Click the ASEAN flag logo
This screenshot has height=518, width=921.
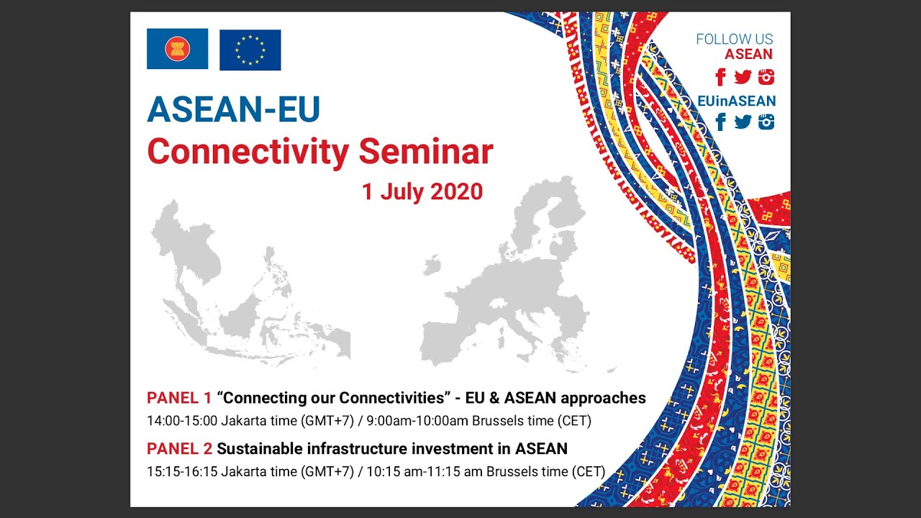pos(177,49)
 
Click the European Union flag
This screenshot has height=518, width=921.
pos(250,50)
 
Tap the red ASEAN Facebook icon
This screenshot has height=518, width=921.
pos(720,77)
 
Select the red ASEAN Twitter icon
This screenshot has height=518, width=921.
pos(743,77)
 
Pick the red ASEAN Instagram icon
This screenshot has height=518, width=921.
pos(766,77)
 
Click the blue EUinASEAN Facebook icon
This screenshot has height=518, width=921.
pos(720,122)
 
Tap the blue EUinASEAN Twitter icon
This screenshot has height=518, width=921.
pos(743,122)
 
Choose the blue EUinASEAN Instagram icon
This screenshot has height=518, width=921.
pos(766,122)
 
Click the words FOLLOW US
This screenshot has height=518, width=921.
pos(734,40)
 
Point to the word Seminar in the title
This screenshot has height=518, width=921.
pos(425,152)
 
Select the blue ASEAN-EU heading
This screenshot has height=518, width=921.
pos(233,109)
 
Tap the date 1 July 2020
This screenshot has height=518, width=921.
pos(422,192)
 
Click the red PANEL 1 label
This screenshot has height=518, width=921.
pos(179,398)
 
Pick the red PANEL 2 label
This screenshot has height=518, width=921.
pos(179,449)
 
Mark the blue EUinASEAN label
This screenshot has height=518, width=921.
pos(736,101)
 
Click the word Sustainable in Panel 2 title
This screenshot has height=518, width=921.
pos(260,449)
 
